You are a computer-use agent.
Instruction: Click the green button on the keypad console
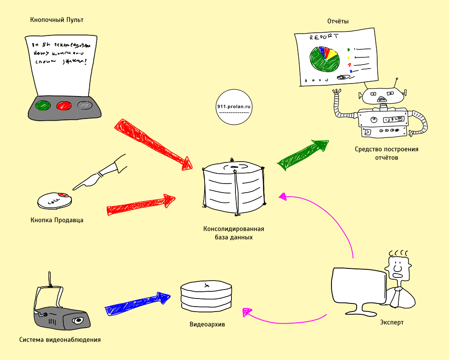click(x=43, y=106)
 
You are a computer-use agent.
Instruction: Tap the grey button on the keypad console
click(x=84, y=106)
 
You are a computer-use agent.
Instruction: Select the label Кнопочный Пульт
click(x=57, y=20)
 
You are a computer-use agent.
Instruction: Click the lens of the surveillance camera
click(x=79, y=320)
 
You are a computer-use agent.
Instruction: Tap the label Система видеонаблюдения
click(x=60, y=340)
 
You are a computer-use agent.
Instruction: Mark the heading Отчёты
click(x=338, y=21)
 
